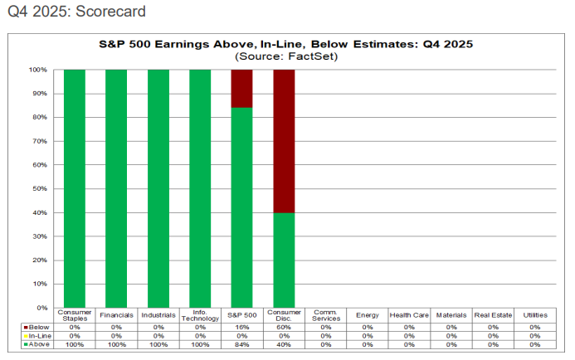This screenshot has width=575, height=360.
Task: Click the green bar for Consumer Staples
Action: coord(75,189)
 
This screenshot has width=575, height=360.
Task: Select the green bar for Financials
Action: coord(116,189)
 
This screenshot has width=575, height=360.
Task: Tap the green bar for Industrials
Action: coord(158,189)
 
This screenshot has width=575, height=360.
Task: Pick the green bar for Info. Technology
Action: coord(200,189)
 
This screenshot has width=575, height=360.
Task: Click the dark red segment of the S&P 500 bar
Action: coord(241,89)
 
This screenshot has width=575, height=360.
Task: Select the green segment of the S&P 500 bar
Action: coord(241,207)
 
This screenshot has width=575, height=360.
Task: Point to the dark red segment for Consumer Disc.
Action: coord(284,141)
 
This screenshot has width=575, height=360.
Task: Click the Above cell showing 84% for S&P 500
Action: coord(241,343)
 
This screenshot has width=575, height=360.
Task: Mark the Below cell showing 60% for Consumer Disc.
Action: coord(284,327)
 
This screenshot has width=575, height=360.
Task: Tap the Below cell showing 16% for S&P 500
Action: coord(241,327)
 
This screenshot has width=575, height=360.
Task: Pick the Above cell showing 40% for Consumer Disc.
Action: coord(284,343)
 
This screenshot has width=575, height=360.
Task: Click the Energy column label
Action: coord(367,315)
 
